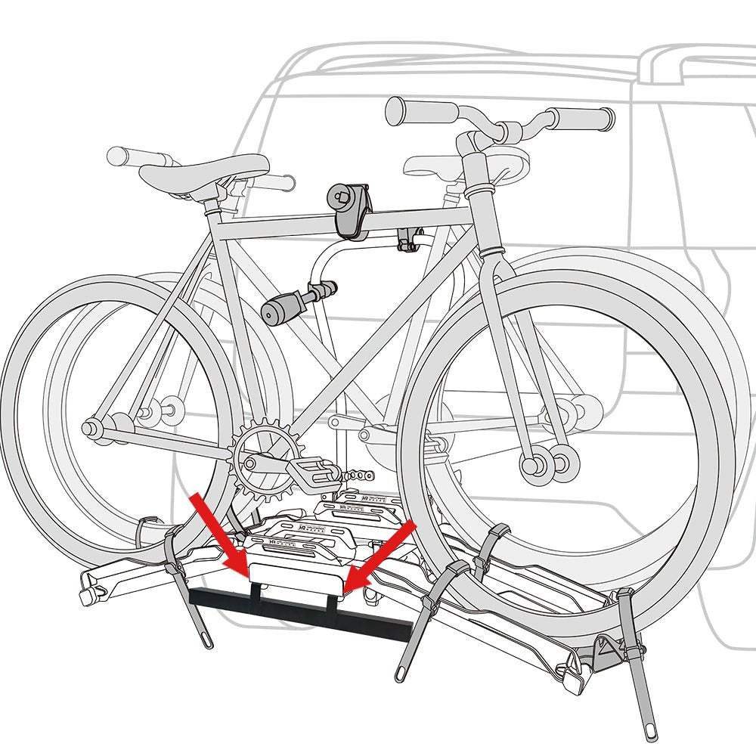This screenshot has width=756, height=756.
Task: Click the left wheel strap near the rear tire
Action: [x=181, y=590]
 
